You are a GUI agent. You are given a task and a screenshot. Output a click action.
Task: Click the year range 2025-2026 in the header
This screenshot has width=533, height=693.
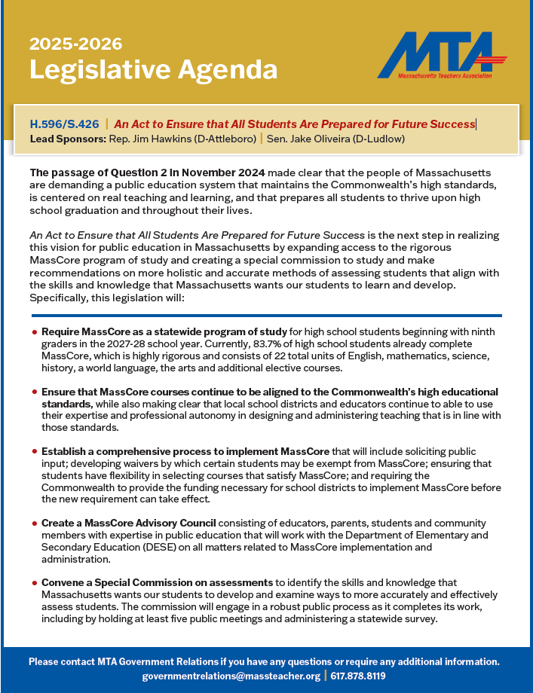(75, 44)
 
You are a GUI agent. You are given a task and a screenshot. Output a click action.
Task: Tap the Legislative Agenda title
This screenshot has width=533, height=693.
(153, 69)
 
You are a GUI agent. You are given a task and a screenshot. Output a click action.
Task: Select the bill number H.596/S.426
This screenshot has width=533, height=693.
(64, 124)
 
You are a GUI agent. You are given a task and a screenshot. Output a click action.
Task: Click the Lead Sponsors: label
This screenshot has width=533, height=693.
(66, 139)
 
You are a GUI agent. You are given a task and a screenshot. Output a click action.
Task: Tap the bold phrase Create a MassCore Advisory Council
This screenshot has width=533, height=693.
(129, 523)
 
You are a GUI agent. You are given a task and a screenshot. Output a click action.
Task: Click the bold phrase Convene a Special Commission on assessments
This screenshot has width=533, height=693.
(157, 583)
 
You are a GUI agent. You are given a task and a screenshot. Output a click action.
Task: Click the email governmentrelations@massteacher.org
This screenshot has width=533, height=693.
(231, 676)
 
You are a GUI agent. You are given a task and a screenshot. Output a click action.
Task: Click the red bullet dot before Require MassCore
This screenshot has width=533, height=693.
(34, 332)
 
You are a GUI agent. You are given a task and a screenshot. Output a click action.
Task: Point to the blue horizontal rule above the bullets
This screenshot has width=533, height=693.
(266, 316)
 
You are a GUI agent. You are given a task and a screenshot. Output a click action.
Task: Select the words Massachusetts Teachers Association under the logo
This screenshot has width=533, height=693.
(444, 76)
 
